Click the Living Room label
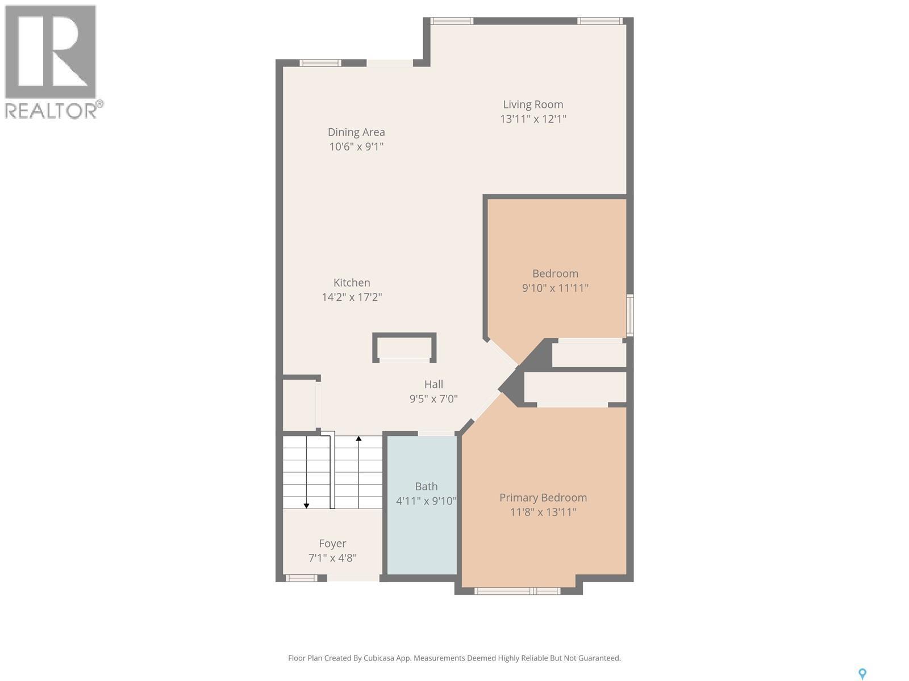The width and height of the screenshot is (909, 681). click(533, 104)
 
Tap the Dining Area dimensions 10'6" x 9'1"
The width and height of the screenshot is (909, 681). click(356, 146)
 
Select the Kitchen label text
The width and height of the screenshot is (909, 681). click(352, 283)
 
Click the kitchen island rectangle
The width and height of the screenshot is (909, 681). click(405, 347)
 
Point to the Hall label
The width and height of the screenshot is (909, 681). click(433, 384)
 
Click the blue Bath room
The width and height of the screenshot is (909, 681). click(422, 528)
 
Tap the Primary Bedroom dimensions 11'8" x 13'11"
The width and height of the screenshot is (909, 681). click(543, 512)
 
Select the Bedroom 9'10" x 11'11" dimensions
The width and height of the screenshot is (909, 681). click(555, 288)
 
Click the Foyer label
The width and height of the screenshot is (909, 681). click(332, 544)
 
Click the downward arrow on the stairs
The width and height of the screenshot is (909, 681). click(306, 505)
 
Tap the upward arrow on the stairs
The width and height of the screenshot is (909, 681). click(358, 439)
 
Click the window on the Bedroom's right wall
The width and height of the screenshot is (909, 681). click(629, 315)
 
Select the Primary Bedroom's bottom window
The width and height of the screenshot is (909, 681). click(517, 591)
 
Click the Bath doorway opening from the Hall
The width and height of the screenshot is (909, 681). click(436, 433)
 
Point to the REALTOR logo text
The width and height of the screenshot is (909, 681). click(51, 110)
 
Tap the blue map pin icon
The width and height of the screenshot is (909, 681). click(862, 674)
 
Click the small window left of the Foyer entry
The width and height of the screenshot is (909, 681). click(301, 578)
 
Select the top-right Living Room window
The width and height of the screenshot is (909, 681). click(600, 21)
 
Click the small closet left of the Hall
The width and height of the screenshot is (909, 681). click(299, 405)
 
